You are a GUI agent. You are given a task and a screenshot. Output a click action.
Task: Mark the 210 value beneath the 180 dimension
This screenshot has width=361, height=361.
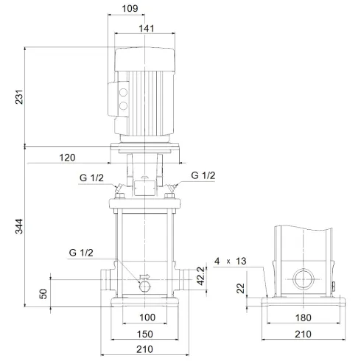pyautogui.click(x=304, y=334)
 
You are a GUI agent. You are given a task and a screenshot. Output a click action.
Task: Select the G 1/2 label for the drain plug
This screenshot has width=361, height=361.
pyautogui.click(x=82, y=253)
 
